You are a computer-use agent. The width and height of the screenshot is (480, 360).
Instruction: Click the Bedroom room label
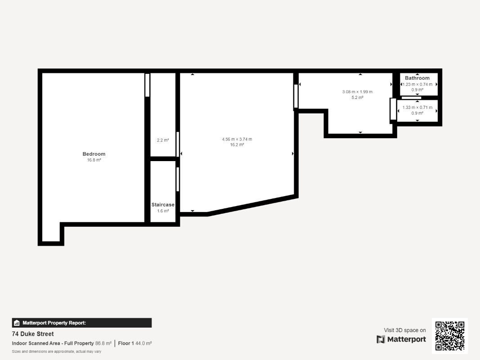point(94,154)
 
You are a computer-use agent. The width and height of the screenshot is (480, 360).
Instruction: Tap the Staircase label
point(163,205)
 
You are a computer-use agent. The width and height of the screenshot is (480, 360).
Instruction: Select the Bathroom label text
point(417,78)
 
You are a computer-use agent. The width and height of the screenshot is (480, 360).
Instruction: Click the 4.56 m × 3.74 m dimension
point(237,139)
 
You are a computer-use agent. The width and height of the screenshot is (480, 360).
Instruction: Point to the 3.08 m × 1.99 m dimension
point(357,92)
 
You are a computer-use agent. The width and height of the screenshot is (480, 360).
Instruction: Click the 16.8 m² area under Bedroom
point(94,160)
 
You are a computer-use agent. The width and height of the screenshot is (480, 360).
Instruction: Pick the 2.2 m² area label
point(163,140)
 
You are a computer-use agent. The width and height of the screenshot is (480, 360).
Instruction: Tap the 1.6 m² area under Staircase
point(163,211)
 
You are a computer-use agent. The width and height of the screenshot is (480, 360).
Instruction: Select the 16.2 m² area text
point(237,145)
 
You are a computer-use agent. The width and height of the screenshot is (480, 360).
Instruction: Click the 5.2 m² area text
point(357,97)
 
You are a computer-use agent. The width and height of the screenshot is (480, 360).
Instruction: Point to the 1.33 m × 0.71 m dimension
point(417,108)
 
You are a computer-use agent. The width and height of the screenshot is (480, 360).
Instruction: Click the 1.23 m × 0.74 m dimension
point(417,84)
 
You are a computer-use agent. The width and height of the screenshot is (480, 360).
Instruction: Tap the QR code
point(450,336)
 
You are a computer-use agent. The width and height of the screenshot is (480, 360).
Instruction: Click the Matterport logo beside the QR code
point(401,339)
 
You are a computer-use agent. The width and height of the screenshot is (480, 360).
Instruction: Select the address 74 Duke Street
point(33,334)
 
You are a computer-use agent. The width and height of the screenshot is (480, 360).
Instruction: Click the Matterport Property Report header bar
point(82,323)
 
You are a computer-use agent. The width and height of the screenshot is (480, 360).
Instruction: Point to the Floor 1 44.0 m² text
point(135,343)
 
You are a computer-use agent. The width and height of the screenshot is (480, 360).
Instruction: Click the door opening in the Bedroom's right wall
point(147,85)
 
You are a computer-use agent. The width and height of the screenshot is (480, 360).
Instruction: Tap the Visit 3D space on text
point(405,330)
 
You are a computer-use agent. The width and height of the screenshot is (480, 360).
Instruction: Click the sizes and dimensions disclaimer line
point(57,351)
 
